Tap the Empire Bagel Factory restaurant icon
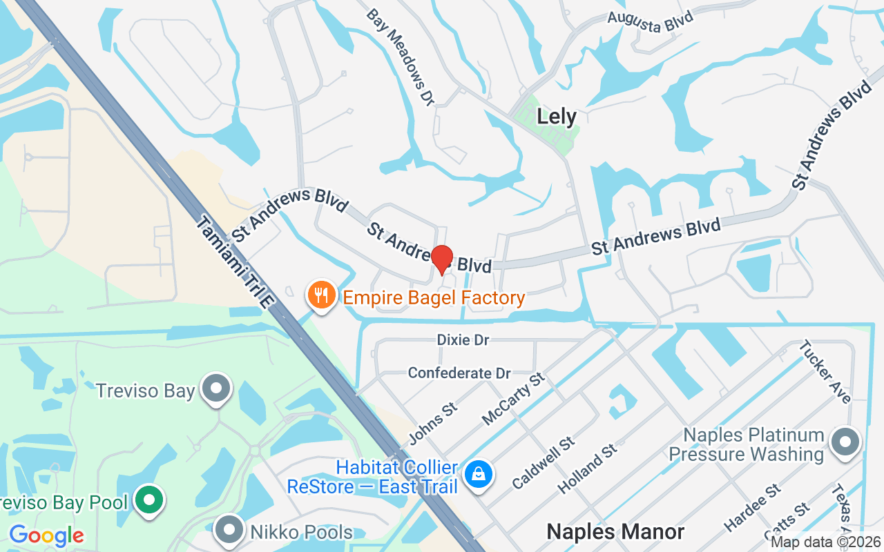pyautogui.click(x=321, y=295)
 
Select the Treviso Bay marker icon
pyautogui.click(x=218, y=388)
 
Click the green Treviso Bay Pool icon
pyautogui.click(x=148, y=500)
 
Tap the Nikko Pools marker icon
pyautogui.click(x=229, y=531)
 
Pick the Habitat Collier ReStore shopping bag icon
pyautogui.click(x=478, y=475)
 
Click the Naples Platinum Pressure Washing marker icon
pyautogui.click(x=845, y=442)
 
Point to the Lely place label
pyautogui.click(x=557, y=117)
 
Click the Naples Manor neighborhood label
pyautogui.click(x=615, y=531)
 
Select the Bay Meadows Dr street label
pyautogui.click(x=401, y=57)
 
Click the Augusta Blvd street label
pyautogui.click(x=650, y=20)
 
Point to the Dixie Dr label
pyautogui.click(x=463, y=340)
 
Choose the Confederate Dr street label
pyautogui.click(x=459, y=373)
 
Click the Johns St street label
pyautogui.click(x=433, y=424)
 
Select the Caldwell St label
pyautogui.click(x=544, y=462)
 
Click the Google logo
pyautogui.click(x=46, y=535)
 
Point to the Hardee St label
pyautogui.click(x=752, y=508)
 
